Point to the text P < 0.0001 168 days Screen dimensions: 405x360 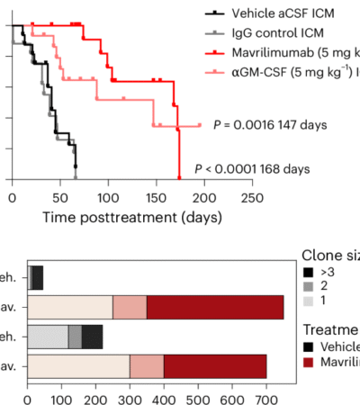pos(252,168)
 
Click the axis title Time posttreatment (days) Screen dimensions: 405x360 pos(126,217)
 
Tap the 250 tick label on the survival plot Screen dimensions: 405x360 pos(253,196)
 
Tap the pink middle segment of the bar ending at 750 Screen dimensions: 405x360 pos(130,307)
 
